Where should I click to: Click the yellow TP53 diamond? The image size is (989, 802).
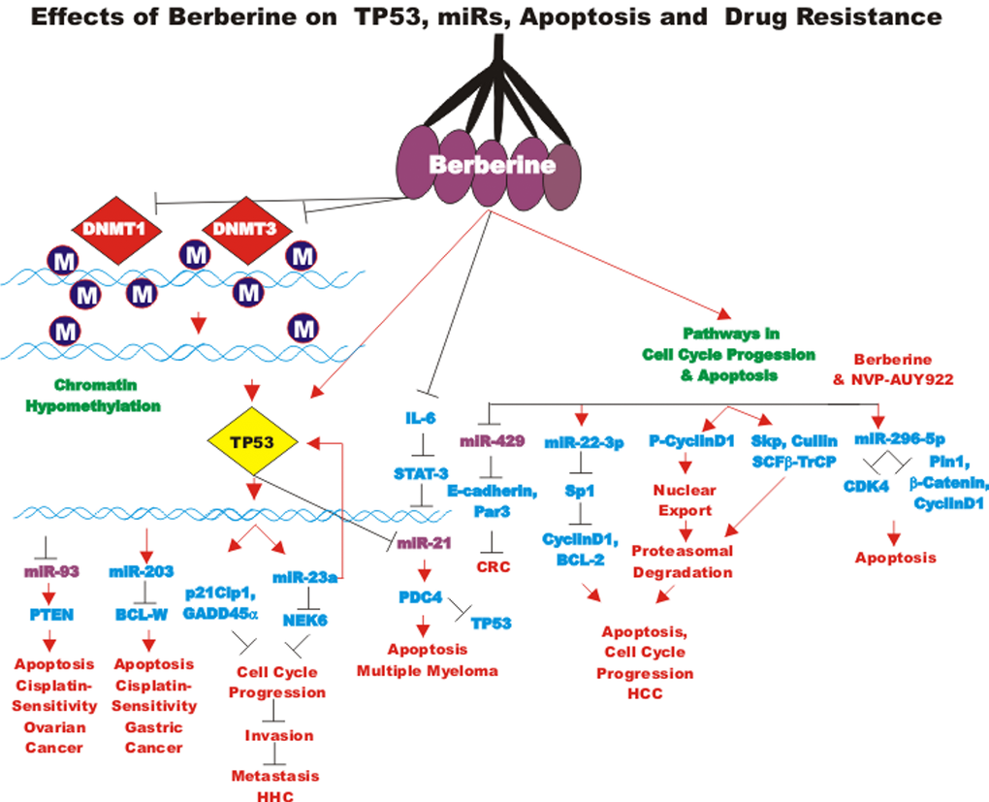(246, 442)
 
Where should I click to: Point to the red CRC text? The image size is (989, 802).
(493, 566)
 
